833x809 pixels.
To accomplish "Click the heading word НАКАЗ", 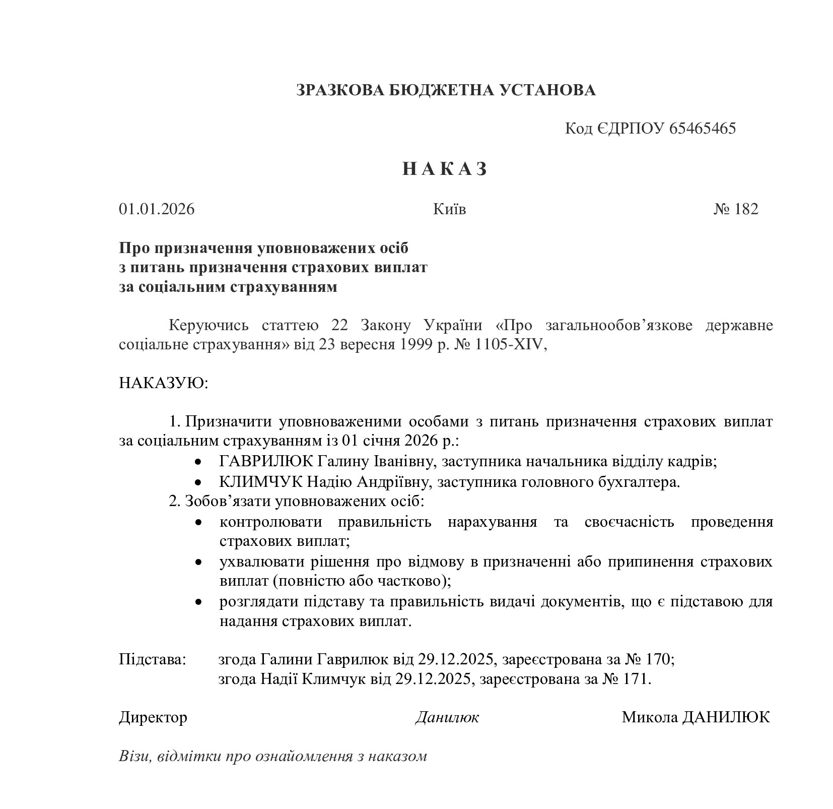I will click(x=445, y=169).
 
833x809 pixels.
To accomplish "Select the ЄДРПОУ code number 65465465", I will click(x=703, y=129).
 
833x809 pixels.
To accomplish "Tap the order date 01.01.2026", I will click(x=157, y=209).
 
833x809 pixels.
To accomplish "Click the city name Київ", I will click(x=449, y=209).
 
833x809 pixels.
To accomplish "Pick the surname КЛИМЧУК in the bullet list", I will click(x=261, y=482).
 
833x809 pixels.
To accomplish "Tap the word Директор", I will click(x=153, y=717).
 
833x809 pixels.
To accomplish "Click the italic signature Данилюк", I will click(x=447, y=717).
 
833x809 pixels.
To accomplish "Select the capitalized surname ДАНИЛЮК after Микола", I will click(x=726, y=717).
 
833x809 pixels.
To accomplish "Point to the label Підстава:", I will click(x=153, y=659).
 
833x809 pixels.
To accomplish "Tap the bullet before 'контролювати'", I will click(x=199, y=523).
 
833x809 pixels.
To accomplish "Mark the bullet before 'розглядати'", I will click(x=199, y=602).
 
